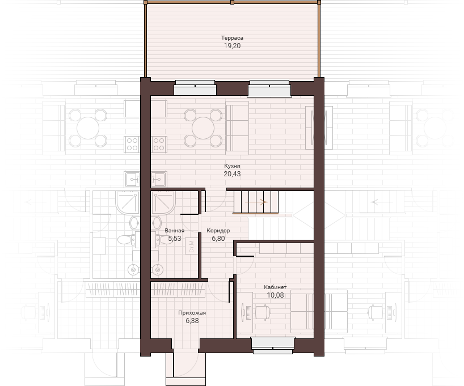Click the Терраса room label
[x=232, y=38]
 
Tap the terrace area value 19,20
[x=232, y=46]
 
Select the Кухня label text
[x=232, y=166]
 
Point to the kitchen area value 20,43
[x=232, y=174]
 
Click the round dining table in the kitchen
[x=203, y=128]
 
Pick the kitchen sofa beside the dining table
[x=237, y=128]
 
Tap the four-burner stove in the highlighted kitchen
[x=159, y=145]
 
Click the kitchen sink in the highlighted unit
[x=159, y=179]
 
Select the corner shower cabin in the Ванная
[x=163, y=202]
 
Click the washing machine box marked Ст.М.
[x=191, y=246]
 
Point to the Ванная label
[x=174, y=231]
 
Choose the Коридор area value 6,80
[x=218, y=239]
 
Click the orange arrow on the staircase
[x=256, y=202]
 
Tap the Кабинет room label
[x=275, y=287]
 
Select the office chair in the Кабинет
[x=263, y=313]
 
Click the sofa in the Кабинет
[x=302, y=312]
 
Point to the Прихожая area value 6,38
[x=192, y=321]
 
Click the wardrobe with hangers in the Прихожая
[x=178, y=290]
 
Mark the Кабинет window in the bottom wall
[x=273, y=345]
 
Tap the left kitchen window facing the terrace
[x=195, y=87]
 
